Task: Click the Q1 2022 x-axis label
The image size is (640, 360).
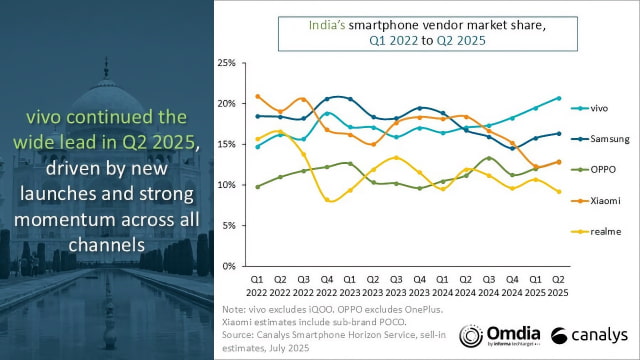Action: coord(257,287)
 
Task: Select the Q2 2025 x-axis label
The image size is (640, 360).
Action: coord(558,287)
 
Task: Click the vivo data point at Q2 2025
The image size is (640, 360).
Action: coord(558,98)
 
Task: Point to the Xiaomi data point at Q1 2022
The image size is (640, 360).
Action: coord(257,97)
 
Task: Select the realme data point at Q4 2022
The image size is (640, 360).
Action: coord(327,200)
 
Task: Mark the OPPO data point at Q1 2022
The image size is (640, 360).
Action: coord(257,187)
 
